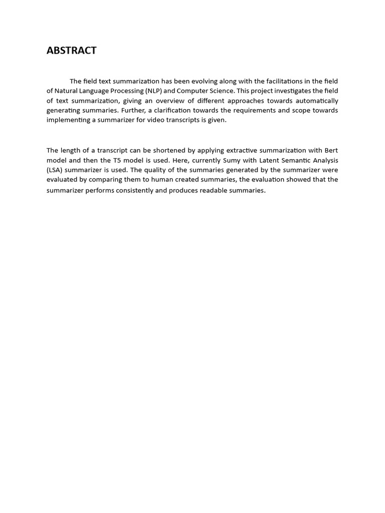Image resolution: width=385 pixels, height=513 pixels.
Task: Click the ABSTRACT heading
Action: click(71, 50)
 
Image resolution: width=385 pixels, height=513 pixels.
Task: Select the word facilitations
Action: click(282, 81)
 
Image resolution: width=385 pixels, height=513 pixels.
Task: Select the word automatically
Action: click(315, 101)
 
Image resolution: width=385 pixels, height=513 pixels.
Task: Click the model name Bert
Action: click(331, 150)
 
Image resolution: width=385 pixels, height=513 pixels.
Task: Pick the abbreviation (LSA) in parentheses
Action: click(56, 170)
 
